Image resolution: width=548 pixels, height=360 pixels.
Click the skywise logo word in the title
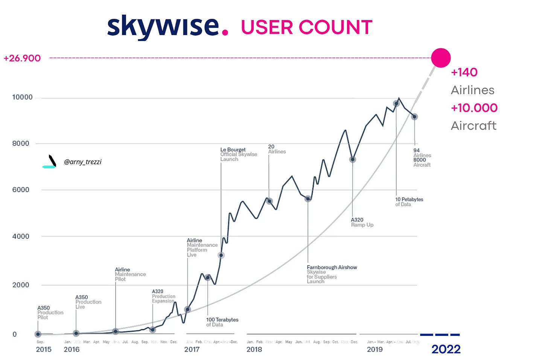click(163, 26)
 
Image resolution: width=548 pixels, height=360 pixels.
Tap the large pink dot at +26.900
click(440, 58)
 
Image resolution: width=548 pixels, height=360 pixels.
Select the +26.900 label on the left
click(22, 58)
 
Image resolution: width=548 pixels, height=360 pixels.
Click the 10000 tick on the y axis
click(22, 97)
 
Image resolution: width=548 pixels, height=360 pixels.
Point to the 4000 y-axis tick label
click(21, 236)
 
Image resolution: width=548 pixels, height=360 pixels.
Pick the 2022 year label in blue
click(446, 349)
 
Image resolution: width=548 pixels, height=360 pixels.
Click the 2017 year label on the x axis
click(192, 349)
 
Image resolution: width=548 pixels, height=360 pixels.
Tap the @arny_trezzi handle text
click(82, 162)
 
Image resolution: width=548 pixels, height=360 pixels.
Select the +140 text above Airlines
click(464, 72)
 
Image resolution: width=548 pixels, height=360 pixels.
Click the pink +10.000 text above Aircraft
click(474, 108)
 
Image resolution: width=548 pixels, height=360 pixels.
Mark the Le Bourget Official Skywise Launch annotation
click(238, 154)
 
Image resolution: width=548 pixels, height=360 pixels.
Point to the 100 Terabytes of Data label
click(222, 322)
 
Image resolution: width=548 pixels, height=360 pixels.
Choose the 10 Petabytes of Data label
click(409, 201)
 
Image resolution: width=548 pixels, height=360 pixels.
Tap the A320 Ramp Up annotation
click(362, 222)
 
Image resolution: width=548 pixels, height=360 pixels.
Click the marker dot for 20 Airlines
click(269, 201)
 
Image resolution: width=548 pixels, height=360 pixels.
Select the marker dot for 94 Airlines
click(414, 117)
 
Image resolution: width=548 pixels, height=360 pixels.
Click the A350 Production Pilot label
click(50, 313)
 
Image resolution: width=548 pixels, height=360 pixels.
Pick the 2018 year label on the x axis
click(254, 349)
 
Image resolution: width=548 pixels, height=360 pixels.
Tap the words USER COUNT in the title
click(306, 27)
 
